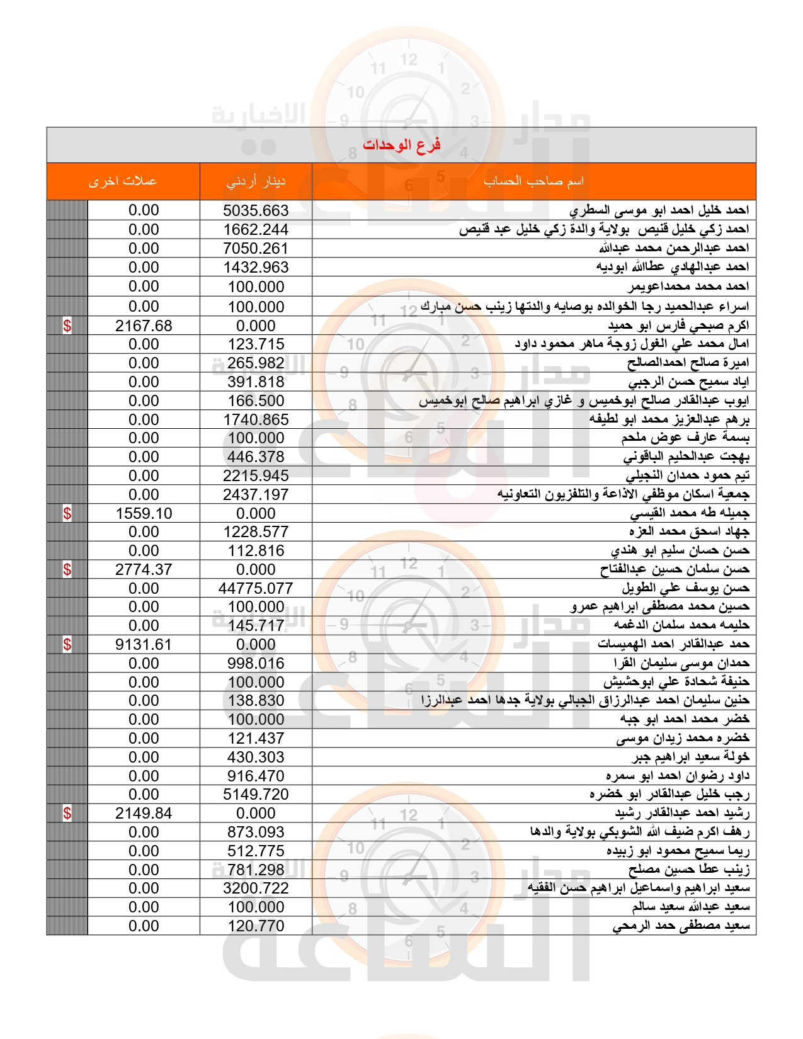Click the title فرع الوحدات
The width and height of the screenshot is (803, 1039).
tap(401, 145)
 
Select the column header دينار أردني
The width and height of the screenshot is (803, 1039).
tap(256, 181)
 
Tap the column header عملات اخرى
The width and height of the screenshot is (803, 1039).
tap(123, 181)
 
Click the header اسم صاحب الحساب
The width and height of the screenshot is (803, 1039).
tap(533, 181)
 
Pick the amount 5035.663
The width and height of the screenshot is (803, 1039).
tap(256, 210)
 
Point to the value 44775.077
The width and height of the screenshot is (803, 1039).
tap(256, 588)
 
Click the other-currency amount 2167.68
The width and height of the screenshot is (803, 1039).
tap(144, 326)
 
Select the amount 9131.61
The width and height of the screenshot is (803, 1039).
tap(144, 644)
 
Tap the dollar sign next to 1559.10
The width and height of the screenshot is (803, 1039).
tap(67, 513)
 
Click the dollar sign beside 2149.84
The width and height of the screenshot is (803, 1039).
tap(67, 813)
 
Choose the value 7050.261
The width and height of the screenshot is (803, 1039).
tap(256, 248)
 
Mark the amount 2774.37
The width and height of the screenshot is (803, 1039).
tap(144, 569)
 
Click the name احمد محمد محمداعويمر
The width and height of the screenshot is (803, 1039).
tap(688, 287)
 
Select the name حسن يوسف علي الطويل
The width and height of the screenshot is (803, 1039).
tap(685, 588)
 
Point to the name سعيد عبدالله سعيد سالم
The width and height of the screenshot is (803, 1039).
tap(690, 907)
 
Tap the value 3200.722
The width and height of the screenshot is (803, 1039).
tap(256, 888)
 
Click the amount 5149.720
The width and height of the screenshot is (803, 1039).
tap(256, 794)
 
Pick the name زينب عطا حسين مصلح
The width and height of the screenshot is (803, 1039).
tap(688, 870)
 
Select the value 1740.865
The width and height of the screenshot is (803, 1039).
tap(256, 419)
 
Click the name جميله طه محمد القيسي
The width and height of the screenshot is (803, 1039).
tap(690, 513)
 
